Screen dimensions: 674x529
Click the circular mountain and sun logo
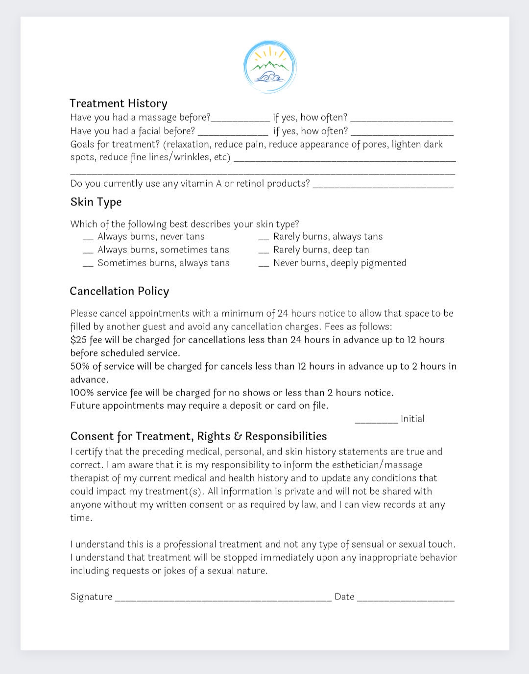(270, 67)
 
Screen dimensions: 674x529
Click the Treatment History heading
(119, 103)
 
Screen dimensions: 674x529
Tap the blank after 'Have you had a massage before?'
(240, 119)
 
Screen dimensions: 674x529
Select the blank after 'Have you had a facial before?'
(233, 132)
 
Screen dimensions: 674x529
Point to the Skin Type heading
(96, 202)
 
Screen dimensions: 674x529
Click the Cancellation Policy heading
(120, 291)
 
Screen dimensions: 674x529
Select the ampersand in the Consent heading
(238, 437)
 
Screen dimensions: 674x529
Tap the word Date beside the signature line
(344, 597)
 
